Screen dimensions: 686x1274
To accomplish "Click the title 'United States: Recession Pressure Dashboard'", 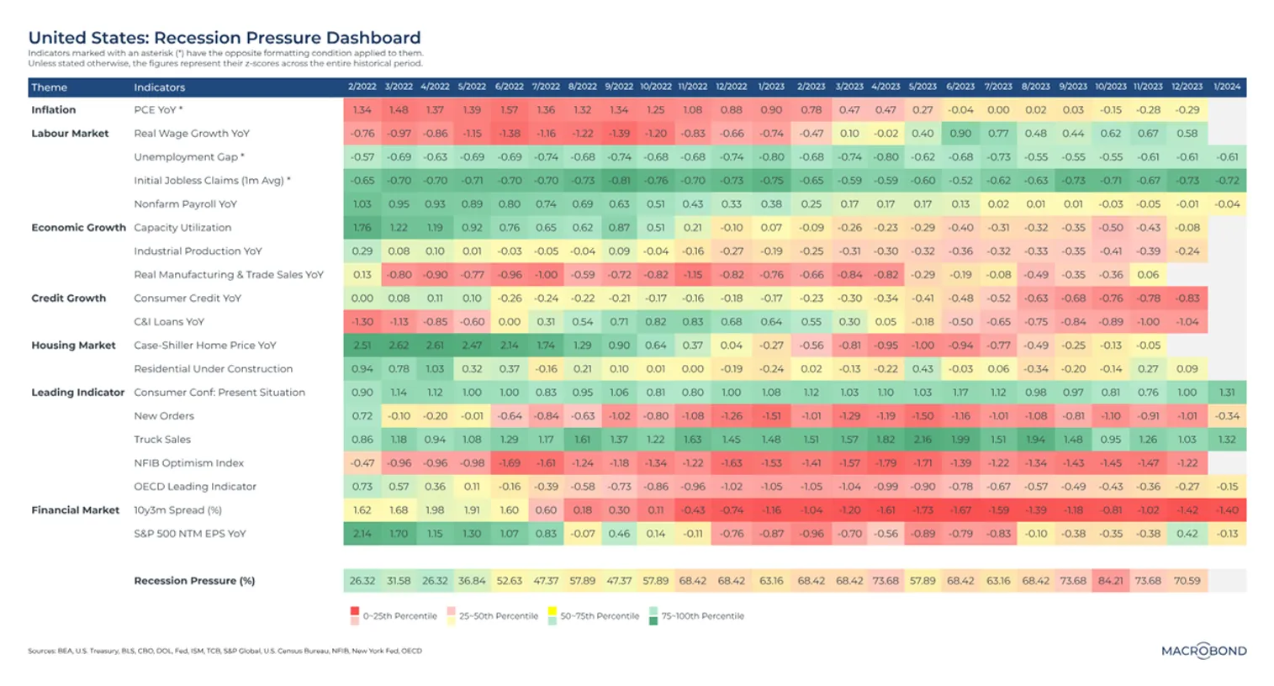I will pyautogui.click(x=225, y=38).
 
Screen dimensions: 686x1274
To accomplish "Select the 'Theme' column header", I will pyautogui.click(x=50, y=87).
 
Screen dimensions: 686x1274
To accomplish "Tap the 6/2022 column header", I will pyautogui.click(x=509, y=87).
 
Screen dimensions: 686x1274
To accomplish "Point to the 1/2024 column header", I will pyautogui.click(x=1227, y=87).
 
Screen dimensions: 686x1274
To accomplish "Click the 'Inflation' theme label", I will pyautogui.click(x=54, y=110).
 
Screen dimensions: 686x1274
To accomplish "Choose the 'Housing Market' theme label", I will pyautogui.click(x=73, y=346).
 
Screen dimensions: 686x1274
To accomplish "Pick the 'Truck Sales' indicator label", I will pyautogui.click(x=162, y=440).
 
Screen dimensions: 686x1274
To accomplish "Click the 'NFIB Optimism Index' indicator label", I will pyautogui.click(x=188, y=463).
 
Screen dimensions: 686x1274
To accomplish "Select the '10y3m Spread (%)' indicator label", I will pyautogui.click(x=177, y=510).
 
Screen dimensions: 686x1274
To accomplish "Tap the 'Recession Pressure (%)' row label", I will pyautogui.click(x=194, y=581).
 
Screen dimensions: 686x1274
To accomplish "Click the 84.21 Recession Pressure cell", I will pyautogui.click(x=1110, y=581).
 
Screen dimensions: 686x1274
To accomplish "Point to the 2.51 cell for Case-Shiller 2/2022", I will pyautogui.click(x=362, y=346).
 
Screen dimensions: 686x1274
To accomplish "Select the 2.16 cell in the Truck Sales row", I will pyautogui.click(x=922, y=440).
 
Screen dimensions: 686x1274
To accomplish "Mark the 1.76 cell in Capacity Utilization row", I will pyautogui.click(x=362, y=228).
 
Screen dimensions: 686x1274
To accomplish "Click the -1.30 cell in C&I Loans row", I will pyautogui.click(x=362, y=322).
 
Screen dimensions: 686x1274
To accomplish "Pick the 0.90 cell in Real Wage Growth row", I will pyautogui.click(x=959, y=134).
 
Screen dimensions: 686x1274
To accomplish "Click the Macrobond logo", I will pyautogui.click(x=1203, y=651).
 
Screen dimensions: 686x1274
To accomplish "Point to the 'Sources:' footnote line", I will pyautogui.click(x=225, y=651).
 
